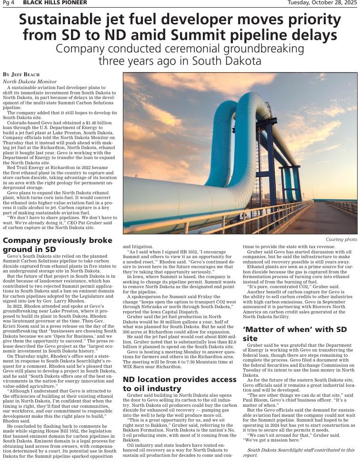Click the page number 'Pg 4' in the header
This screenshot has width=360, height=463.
click(x=8, y=3)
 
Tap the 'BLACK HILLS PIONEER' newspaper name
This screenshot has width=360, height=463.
click(x=55, y=3)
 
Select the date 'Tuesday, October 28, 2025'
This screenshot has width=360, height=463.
click(x=322, y=3)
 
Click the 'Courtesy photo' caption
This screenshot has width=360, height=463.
click(x=341, y=239)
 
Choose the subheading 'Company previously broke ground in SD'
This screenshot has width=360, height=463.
click(x=57, y=244)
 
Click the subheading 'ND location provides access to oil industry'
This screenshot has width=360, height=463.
click(x=180, y=384)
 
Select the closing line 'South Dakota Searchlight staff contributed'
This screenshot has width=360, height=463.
click(x=300, y=450)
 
